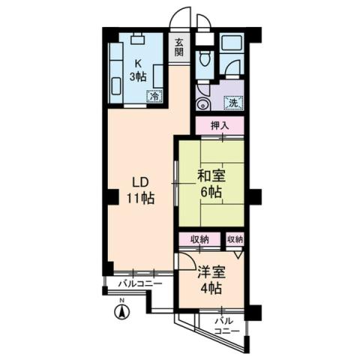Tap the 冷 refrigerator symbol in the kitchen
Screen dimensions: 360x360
(x=154, y=95)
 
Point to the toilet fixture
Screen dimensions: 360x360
(x=203, y=59)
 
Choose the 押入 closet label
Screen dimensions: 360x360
(x=220, y=124)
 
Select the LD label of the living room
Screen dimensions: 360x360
(x=139, y=182)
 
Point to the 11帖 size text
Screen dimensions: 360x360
(x=139, y=199)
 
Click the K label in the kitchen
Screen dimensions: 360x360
(x=138, y=63)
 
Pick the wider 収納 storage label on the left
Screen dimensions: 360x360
(x=199, y=239)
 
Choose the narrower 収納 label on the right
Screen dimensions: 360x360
(x=235, y=239)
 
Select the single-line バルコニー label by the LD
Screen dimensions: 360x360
(x=139, y=283)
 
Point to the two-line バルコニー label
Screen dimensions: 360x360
(x=226, y=325)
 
